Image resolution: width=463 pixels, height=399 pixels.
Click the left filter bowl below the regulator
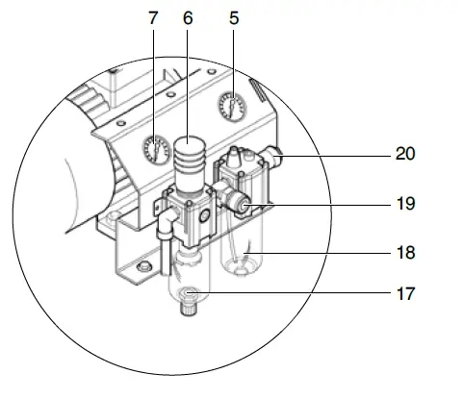(189, 274)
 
